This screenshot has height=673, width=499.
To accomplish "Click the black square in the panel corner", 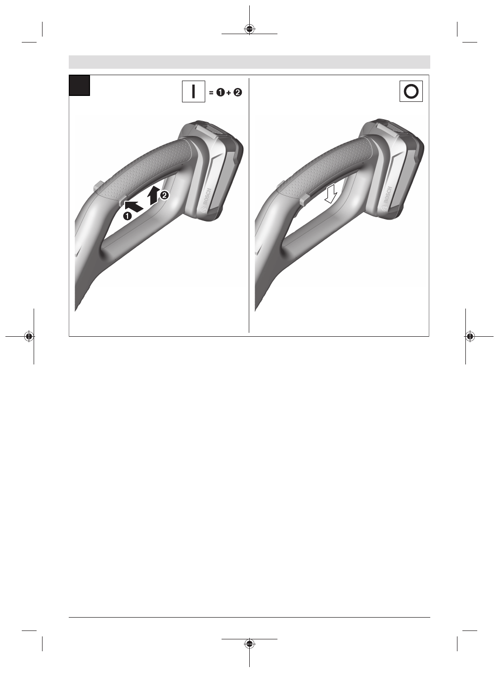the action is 80,85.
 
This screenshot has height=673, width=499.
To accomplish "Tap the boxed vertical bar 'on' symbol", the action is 193,91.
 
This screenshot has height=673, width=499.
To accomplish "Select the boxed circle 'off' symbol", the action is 411,91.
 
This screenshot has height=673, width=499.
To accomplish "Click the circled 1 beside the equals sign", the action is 221,92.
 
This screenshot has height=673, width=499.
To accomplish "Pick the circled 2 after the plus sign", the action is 238,92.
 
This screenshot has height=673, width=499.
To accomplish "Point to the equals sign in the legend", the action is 211,92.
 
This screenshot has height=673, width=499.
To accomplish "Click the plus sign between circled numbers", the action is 229,92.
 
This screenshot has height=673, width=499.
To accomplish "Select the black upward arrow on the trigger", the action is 154,195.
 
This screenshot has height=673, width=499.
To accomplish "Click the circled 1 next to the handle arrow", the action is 127,216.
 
